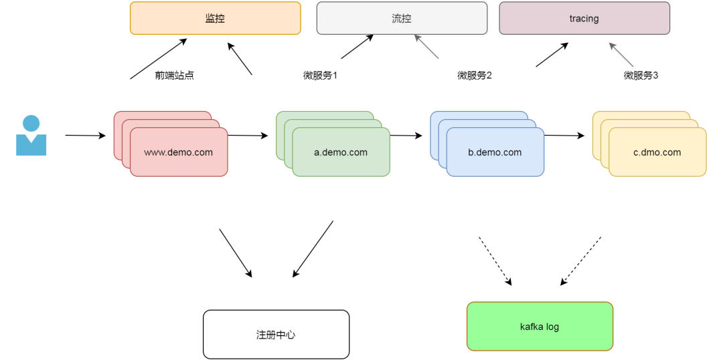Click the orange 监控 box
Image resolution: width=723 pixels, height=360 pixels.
pyautogui.click(x=215, y=18)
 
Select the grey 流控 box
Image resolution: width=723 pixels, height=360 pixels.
pyautogui.click(x=402, y=18)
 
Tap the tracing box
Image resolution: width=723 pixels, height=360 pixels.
pyautogui.click(x=584, y=18)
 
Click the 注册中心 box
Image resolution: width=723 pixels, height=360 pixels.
pyautogui.click(x=276, y=334)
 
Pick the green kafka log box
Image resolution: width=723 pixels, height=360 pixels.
pyautogui.click(x=540, y=327)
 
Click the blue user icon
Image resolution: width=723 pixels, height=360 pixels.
pyautogui.click(x=31, y=136)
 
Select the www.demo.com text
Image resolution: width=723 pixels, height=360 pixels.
pyautogui.click(x=178, y=153)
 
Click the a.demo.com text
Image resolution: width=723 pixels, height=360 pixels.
pyautogui.click(x=341, y=153)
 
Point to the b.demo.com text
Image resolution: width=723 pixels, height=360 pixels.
pyautogui.click(x=495, y=153)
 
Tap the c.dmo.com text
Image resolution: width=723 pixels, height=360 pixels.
pyautogui.click(x=657, y=153)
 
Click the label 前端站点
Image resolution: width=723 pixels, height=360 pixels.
pyautogui.click(x=174, y=76)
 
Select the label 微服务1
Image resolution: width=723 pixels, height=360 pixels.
pyautogui.click(x=320, y=76)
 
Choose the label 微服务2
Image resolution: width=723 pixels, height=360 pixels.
pyautogui.click(x=475, y=76)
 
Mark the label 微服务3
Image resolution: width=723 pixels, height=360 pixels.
pyautogui.click(x=641, y=76)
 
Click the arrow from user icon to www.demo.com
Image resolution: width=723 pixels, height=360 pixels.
pyautogui.click(x=85, y=136)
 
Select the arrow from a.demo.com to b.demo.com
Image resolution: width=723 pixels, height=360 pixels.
pyautogui.click(x=406, y=136)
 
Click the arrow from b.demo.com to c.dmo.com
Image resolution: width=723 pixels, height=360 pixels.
pyautogui.click(x=564, y=136)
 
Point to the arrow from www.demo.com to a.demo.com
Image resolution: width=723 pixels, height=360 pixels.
pyautogui.click(x=248, y=136)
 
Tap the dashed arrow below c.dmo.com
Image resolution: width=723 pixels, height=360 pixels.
pyautogui.click(x=580, y=261)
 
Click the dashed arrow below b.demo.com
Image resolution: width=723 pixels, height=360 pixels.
pyautogui.click(x=495, y=261)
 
